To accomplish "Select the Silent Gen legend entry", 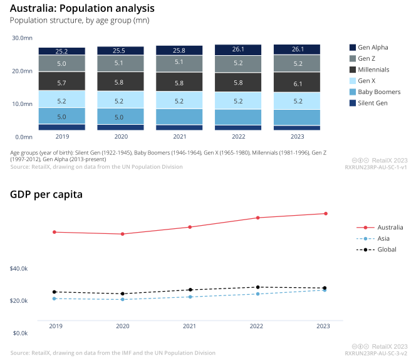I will (373, 103).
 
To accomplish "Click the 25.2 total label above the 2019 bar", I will (61, 51).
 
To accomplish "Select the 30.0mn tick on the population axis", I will (23, 38).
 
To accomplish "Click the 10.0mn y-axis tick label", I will (23, 104).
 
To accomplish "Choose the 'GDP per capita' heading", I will (46, 194).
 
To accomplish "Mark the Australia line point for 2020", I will (123, 234).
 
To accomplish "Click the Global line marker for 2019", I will (55, 292).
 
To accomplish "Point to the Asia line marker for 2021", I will (189, 297).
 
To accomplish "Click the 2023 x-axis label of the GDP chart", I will (323, 327).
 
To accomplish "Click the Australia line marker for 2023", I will (324, 214).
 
